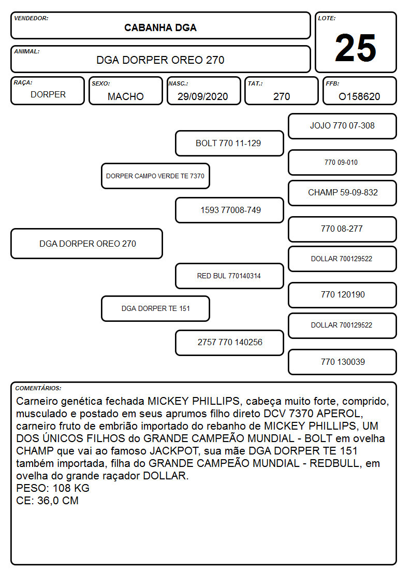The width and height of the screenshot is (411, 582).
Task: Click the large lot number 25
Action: point(356,48)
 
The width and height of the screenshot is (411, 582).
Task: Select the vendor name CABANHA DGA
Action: point(160,28)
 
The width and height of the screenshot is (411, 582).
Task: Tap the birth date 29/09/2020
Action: point(203,96)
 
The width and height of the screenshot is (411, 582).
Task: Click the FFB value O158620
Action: point(359,96)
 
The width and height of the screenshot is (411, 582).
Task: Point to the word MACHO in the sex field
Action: point(126,96)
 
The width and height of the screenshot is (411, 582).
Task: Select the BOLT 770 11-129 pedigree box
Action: point(229,143)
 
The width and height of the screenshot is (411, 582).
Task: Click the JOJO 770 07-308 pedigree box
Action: point(343,126)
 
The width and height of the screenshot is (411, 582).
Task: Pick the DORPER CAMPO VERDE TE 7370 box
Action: point(156,176)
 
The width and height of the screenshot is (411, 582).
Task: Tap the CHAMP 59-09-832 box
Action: point(343,193)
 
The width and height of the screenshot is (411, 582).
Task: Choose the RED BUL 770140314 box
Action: point(229,276)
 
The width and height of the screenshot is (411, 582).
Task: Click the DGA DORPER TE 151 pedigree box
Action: point(156,308)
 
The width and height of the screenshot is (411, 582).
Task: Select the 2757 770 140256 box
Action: point(229,343)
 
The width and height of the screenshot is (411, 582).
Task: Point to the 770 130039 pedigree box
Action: point(343,362)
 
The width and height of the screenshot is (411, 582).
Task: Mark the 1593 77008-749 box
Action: point(229,210)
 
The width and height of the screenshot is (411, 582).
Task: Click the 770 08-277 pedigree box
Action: point(343,229)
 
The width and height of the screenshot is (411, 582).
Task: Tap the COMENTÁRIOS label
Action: point(38,388)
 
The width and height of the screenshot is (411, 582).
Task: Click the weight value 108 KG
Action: point(71,488)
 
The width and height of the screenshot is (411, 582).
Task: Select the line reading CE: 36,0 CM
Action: point(48,501)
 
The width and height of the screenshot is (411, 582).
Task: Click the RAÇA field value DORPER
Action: point(48,95)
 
